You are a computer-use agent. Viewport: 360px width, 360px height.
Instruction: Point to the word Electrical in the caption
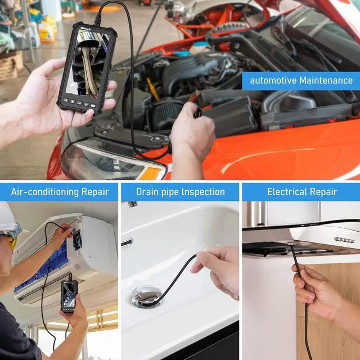click(286, 192)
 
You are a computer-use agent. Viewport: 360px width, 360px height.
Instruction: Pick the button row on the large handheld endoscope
click(79, 103)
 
